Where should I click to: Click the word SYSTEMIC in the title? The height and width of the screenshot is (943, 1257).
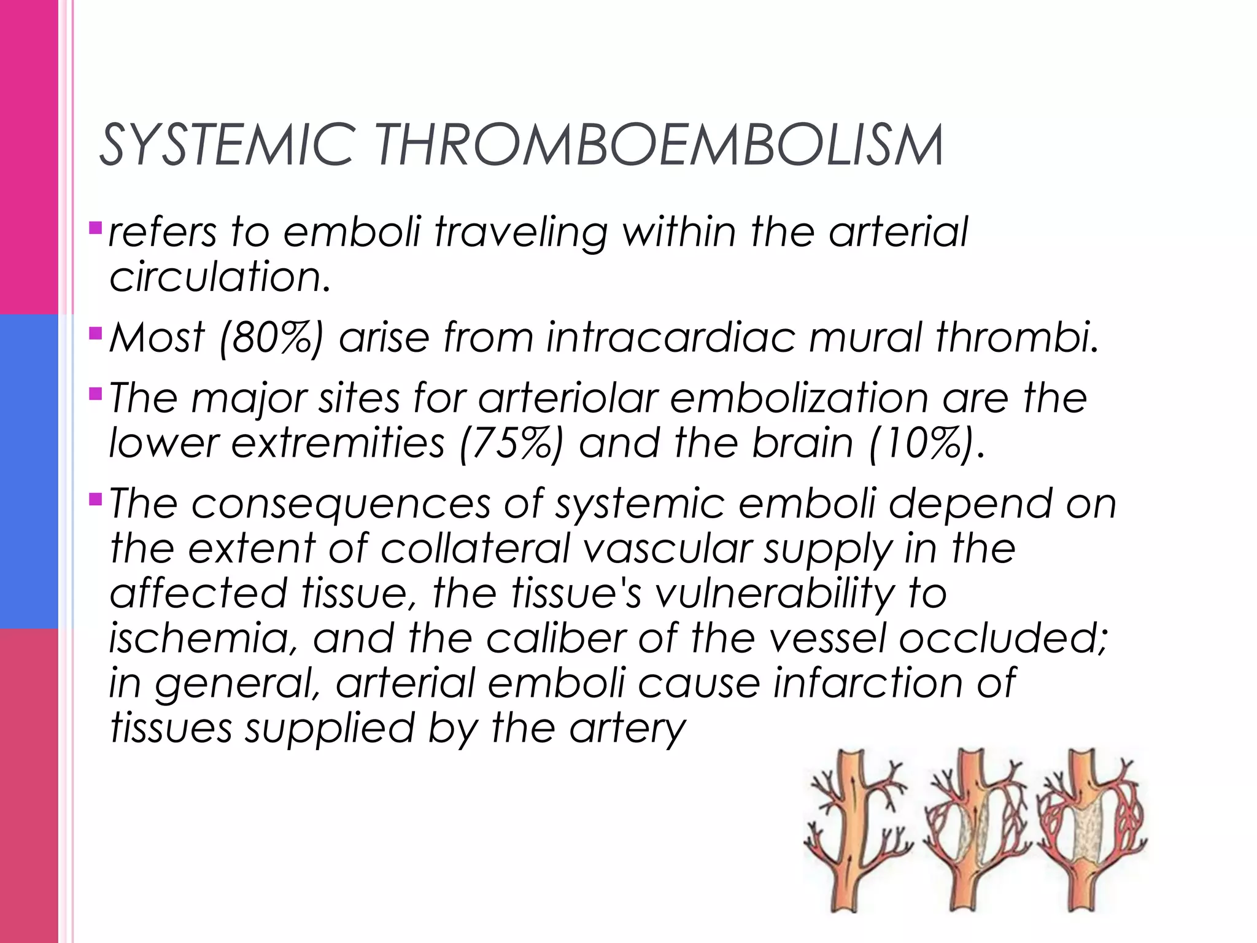coord(225,146)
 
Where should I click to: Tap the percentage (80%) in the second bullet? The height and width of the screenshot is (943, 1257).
coord(270,337)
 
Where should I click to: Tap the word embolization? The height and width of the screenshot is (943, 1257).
coord(799,398)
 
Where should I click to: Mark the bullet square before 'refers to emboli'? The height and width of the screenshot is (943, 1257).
coord(95,229)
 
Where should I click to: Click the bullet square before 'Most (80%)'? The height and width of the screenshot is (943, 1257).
coord(95,334)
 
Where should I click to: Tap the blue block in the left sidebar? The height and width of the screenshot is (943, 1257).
coord(29,471)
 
